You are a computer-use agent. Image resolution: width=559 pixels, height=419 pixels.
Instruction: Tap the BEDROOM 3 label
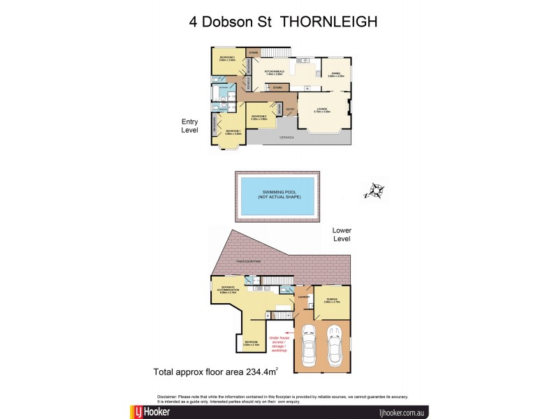click(x=226, y=57)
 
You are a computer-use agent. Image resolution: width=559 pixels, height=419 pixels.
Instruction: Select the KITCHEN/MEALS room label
click(x=273, y=71)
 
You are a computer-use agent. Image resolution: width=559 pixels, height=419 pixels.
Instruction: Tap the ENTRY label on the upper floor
click(x=290, y=109)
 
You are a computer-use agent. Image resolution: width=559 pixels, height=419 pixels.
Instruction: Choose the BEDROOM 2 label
click(x=259, y=117)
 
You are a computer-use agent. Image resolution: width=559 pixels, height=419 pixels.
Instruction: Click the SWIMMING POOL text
click(x=278, y=193)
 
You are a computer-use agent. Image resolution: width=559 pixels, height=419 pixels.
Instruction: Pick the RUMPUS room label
click(x=332, y=299)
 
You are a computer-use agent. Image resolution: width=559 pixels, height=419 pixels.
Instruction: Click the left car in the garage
click(x=309, y=342)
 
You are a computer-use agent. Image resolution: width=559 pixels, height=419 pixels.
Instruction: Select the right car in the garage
click(x=335, y=342)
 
